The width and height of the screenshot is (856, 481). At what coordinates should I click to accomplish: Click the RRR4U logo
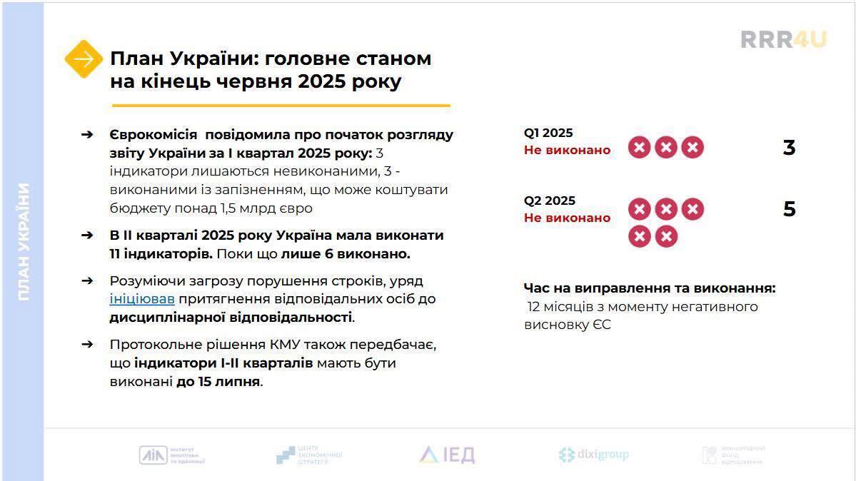point(783,39)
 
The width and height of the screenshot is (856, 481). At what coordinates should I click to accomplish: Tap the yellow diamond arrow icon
point(84,59)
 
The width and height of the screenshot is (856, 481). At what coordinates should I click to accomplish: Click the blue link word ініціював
point(142,299)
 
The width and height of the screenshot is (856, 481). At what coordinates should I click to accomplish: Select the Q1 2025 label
point(548,133)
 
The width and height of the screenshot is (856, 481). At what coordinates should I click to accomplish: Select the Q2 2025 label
point(549,201)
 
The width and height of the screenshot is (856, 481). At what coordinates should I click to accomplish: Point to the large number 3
point(789,148)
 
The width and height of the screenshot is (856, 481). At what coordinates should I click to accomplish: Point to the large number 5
point(789,209)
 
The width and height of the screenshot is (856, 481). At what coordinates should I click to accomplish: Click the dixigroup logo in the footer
point(593,455)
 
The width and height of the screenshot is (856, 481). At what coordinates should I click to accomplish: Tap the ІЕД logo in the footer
point(447,455)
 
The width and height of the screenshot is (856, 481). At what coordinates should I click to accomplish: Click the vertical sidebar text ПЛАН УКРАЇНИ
point(24,241)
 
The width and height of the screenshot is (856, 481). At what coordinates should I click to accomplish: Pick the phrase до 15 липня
point(218,381)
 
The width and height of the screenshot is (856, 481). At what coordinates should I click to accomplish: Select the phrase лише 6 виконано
point(345,253)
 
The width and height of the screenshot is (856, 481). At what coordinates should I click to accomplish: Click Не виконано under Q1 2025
point(567,150)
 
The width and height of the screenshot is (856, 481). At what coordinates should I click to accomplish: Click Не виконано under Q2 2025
point(567,218)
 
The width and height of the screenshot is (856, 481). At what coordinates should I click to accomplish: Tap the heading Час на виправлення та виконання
point(649,288)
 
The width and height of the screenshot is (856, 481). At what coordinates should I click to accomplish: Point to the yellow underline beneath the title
point(280,106)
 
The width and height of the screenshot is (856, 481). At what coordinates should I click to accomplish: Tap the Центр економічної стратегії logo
point(309,455)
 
